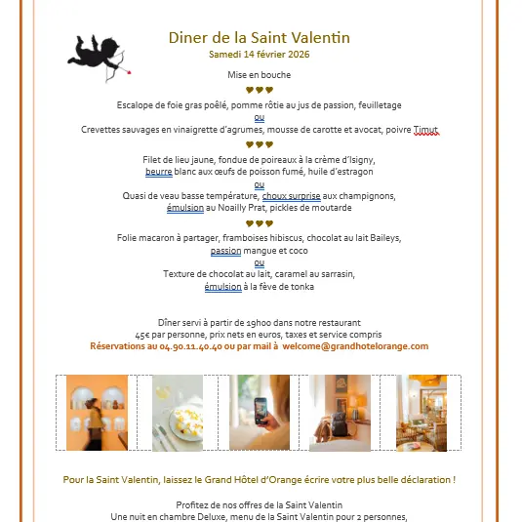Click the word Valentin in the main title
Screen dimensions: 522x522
coord(318,38)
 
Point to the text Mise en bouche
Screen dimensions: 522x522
coord(259,74)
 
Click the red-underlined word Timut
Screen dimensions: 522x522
coord(425,130)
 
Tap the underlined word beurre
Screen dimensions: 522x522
coord(158,172)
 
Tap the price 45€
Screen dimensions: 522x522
coord(142,334)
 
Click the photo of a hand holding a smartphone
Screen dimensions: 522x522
coord(259,413)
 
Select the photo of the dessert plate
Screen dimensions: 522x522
coord(178,413)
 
